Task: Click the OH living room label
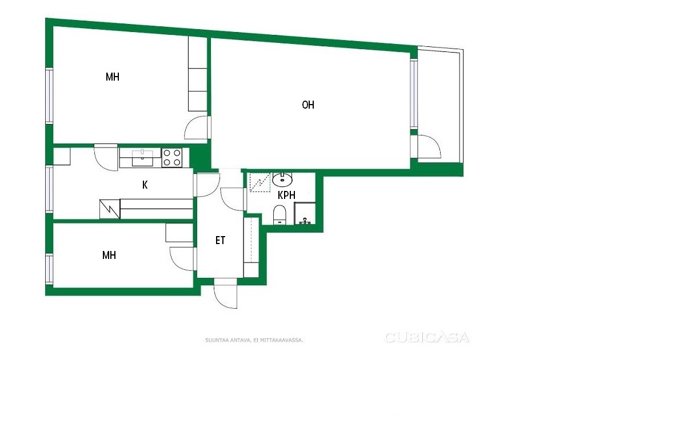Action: pos(308,105)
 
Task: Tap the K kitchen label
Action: pos(145,185)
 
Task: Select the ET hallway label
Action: pos(220,240)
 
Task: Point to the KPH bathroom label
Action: pos(286,195)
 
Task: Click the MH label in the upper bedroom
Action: pos(113,77)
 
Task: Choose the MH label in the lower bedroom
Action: pos(109,255)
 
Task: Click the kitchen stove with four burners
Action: pos(171,157)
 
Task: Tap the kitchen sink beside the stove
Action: pos(142,158)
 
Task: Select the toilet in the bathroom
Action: pos(280,215)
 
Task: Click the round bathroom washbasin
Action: pos(282,179)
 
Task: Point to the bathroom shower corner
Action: pos(305,213)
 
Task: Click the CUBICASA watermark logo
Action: pos(427,337)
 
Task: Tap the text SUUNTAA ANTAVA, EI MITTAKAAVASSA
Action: pos(254,340)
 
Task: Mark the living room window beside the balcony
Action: pos(414,94)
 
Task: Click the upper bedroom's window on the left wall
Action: pos(50,96)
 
